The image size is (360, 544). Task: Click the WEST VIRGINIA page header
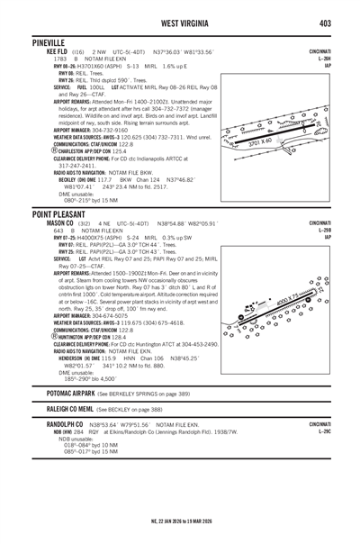pyautogui.click(x=179, y=20)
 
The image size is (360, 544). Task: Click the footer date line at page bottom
pyautogui.click(x=179, y=522)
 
